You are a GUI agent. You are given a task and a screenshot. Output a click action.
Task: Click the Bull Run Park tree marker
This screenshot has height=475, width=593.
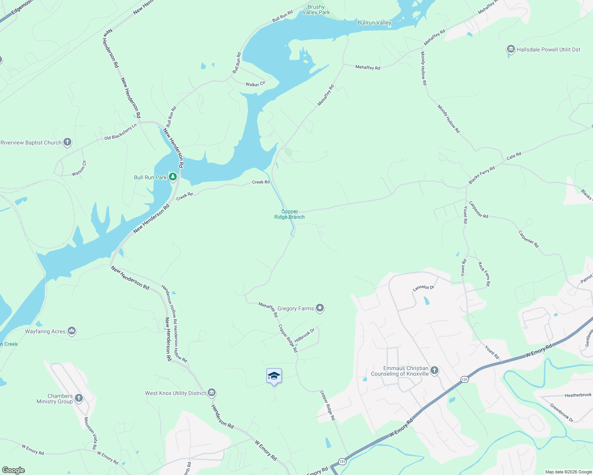point(172,177)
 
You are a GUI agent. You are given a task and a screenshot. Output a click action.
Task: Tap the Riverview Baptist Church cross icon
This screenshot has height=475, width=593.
point(67,142)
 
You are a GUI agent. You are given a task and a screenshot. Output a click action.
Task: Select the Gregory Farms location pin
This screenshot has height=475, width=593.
point(320,308)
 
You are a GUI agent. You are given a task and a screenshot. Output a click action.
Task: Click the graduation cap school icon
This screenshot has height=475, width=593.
point(274,376)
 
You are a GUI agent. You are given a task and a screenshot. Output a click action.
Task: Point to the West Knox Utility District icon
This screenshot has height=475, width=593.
point(212,393)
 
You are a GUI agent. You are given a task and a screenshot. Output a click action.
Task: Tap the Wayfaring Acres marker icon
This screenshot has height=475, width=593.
point(72,331)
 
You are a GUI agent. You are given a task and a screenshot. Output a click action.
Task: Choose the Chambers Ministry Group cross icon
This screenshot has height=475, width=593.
point(79,398)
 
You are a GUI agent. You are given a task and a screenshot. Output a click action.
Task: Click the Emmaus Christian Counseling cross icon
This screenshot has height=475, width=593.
point(434,370)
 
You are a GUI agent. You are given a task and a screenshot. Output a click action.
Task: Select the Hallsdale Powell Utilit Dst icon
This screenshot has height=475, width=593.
point(511,49)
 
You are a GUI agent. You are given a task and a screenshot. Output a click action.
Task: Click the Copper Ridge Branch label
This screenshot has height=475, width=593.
point(289,214)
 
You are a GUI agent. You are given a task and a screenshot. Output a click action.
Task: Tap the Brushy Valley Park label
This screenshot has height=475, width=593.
point(316,9)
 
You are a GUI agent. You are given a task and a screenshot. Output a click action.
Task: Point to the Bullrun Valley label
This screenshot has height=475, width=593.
point(374,23)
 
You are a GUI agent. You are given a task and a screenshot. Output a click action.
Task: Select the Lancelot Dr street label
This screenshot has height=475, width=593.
point(423,288)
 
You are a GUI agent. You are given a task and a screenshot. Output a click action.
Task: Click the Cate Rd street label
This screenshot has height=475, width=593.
point(514,156)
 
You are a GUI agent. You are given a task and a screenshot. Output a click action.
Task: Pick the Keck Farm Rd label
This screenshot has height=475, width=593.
point(484,274)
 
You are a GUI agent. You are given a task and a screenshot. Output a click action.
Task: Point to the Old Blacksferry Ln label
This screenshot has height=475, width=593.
point(121,132)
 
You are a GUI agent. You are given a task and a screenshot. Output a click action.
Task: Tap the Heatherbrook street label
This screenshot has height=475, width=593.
point(578,395)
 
